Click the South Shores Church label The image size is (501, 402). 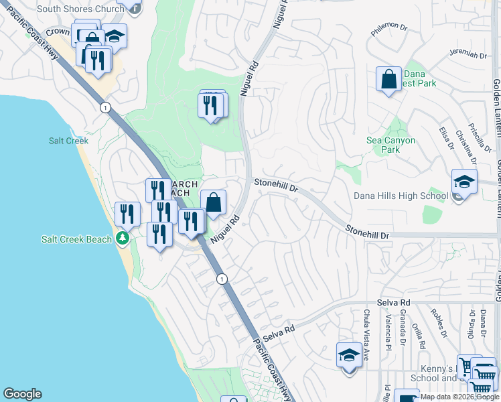click(80, 9)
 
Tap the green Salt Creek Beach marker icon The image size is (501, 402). click(123, 239)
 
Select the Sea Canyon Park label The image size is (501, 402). click(391, 145)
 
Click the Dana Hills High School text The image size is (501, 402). click(401, 196)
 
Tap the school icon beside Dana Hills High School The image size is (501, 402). click(464, 182)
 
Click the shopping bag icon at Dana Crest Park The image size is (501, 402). click(388, 80)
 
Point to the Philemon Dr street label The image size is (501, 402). click(390, 27)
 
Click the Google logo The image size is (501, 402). click(22, 394)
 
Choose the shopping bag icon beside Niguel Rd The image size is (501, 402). click(213, 202)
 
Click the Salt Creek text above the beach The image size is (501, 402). click(64, 141)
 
